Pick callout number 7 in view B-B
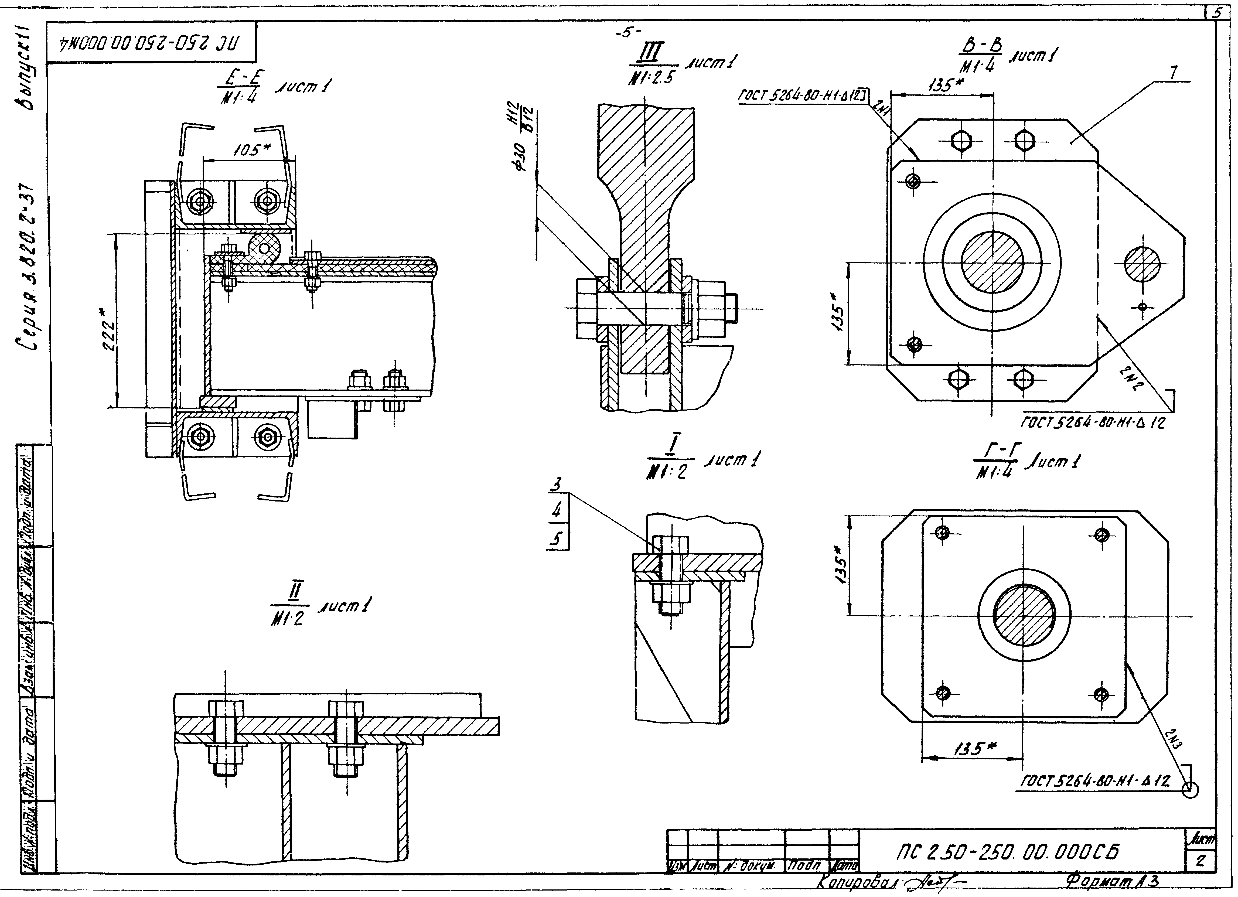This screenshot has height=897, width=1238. coord(1174,73)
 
